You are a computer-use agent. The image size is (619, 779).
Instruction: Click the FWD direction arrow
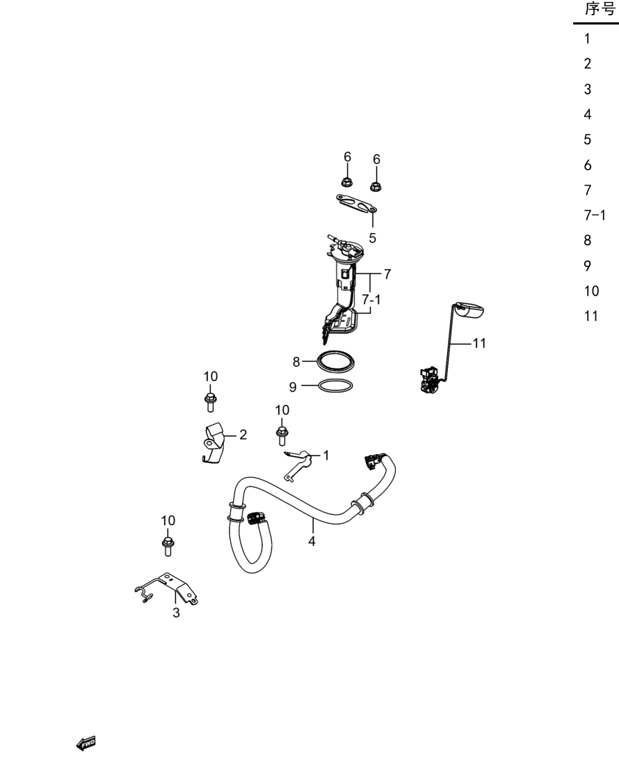tap(86, 744)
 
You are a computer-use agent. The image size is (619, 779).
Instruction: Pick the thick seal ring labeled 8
tap(335, 362)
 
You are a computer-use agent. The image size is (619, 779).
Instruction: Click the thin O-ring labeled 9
tap(335, 385)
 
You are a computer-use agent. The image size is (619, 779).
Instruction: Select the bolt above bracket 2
tap(210, 402)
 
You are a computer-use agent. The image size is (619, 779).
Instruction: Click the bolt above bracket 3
tap(168, 546)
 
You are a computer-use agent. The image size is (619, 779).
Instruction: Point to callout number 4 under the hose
tap(312, 541)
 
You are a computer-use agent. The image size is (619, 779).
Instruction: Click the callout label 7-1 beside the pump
tap(371, 300)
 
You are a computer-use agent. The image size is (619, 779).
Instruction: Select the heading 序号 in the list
tap(600, 9)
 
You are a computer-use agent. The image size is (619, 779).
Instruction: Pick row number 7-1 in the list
tap(595, 215)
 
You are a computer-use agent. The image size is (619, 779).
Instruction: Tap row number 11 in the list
tap(590, 316)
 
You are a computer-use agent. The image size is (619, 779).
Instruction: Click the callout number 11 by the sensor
tap(479, 343)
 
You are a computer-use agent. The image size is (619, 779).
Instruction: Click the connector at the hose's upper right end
tap(371, 460)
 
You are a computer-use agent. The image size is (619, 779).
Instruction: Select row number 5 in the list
tap(588, 140)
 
